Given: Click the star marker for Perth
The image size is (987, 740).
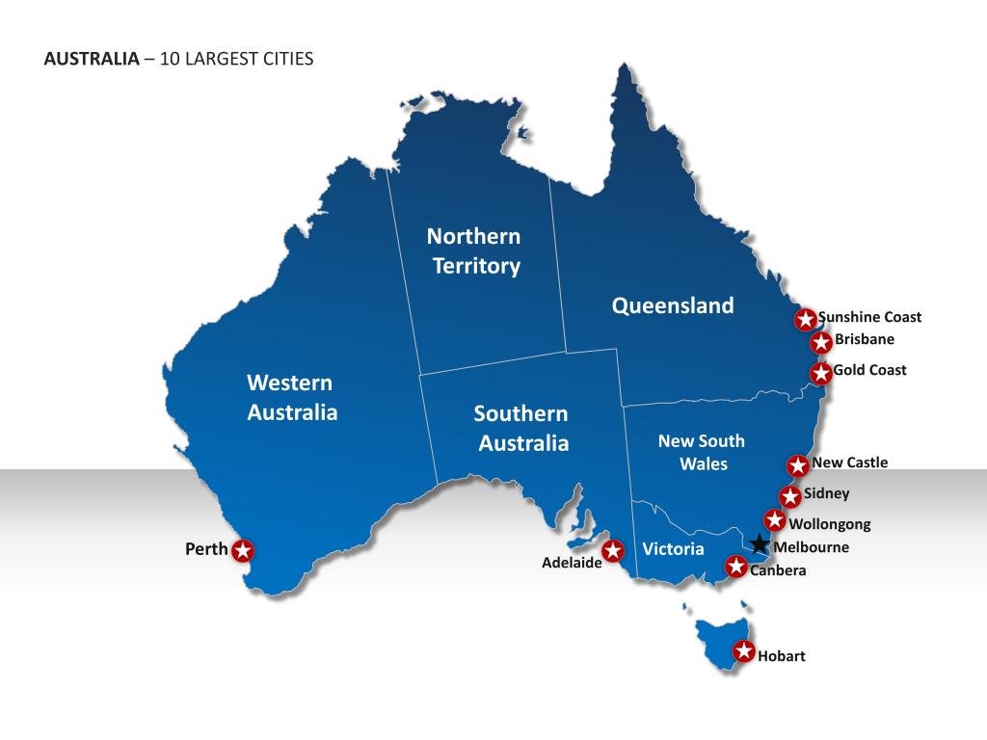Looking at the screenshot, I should [x=243, y=551].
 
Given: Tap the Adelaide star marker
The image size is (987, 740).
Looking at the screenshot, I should [x=612, y=551].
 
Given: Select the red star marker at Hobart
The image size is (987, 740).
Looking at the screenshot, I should [x=743, y=652].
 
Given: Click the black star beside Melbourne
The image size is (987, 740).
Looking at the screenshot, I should [x=760, y=544].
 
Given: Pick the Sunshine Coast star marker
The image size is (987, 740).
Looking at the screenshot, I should [x=805, y=319].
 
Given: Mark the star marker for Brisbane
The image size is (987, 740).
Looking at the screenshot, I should [x=821, y=341].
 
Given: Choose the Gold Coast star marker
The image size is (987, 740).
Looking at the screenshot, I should [x=820, y=373].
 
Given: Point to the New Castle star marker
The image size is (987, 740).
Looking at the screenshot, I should [x=798, y=465].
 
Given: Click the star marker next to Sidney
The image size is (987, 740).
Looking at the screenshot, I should [x=790, y=496].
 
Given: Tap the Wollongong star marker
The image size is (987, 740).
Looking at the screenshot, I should [x=775, y=520].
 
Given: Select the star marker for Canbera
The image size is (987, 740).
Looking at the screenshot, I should [x=735, y=567].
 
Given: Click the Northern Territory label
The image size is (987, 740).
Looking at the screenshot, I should [x=474, y=251].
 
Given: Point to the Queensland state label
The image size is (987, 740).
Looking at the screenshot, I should [x=673, y=305].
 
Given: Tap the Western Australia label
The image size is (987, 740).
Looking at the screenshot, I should [x=292, y=397].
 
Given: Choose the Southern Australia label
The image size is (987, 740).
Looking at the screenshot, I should [x=522, y=428].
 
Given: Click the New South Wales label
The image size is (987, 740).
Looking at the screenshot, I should [x=702, y=452].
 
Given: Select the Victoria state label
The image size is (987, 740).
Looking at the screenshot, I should [x=673, y=548].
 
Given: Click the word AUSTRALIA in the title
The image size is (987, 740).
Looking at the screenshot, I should [x=92, y=59].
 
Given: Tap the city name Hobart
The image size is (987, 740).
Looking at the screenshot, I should [x=781, y=656].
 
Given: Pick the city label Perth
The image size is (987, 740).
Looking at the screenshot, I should [x=206, y=549].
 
